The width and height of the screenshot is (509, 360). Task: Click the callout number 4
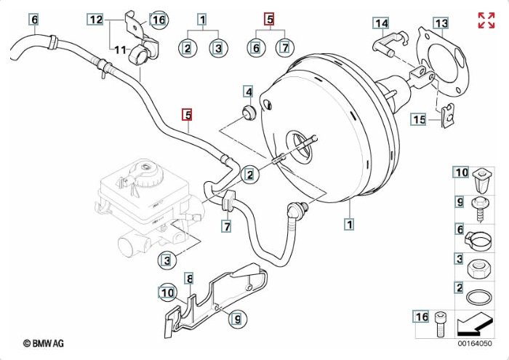(249, 92)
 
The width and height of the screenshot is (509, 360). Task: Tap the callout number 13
(441, 23)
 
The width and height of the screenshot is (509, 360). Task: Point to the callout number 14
(382, 23)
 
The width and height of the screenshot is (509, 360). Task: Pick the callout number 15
(418, 119)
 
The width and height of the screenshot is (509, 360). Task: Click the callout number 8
(189, 279)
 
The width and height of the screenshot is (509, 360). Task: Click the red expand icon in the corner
(486, 20)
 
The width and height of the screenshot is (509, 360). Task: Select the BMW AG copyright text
(43, 342)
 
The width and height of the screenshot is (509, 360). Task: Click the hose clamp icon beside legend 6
(480, 236)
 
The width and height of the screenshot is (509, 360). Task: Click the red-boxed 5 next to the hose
(188, 114)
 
